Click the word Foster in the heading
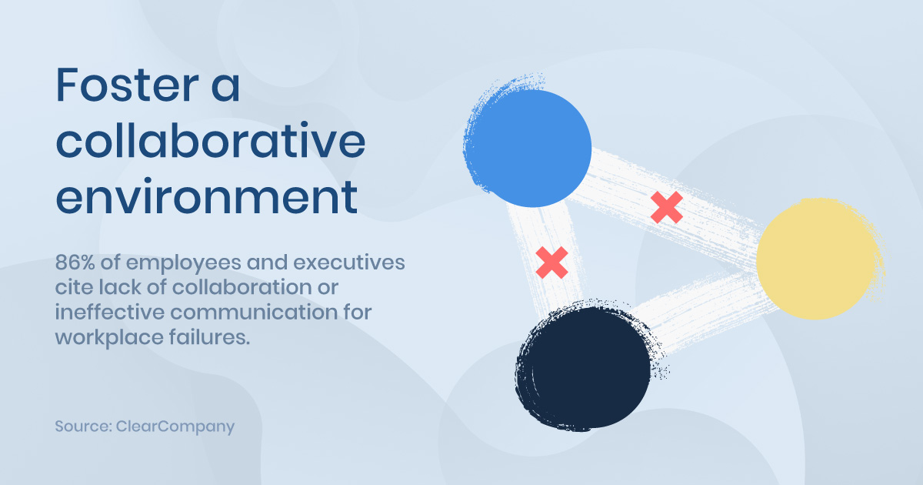(128, 85)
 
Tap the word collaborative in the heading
(211, 140)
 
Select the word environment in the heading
(206, 197)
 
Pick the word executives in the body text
(349, 263)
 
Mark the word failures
(210, 337)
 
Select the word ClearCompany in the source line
(175, 426)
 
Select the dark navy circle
(585, 367)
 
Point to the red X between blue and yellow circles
(667, 207)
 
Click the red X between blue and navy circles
(551, 263)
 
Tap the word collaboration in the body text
(242, 287)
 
